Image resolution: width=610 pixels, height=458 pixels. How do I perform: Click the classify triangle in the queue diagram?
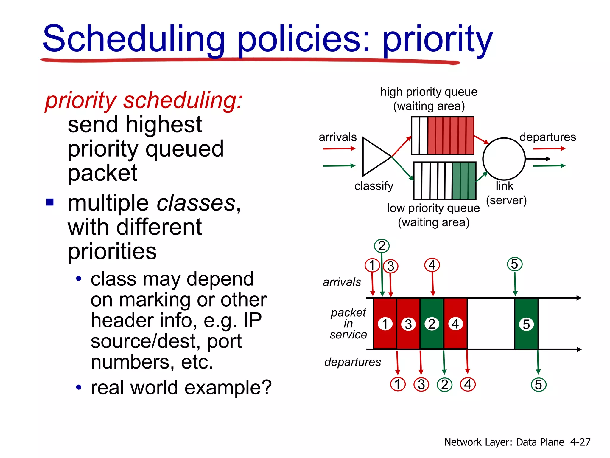374,157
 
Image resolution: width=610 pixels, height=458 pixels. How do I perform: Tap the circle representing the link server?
504,159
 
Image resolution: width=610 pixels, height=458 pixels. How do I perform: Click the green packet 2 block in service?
432,324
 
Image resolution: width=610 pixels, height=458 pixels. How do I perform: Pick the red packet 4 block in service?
455,324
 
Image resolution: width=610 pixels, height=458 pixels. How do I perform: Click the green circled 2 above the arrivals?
382,246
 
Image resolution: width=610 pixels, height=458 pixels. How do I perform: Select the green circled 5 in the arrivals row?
514,264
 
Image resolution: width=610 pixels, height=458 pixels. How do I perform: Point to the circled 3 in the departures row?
421,384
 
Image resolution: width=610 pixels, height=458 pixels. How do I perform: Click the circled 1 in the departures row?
398,384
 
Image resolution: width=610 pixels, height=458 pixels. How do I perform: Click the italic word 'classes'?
196,203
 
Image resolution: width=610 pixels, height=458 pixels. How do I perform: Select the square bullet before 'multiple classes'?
50,202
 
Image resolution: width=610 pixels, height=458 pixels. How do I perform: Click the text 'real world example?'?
181,387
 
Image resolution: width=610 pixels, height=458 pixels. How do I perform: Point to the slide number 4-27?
580,442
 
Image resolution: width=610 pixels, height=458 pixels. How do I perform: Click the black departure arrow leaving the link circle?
538,159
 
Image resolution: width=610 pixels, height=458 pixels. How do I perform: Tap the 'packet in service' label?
348,324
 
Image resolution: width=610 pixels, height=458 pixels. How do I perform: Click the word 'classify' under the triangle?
374,186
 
